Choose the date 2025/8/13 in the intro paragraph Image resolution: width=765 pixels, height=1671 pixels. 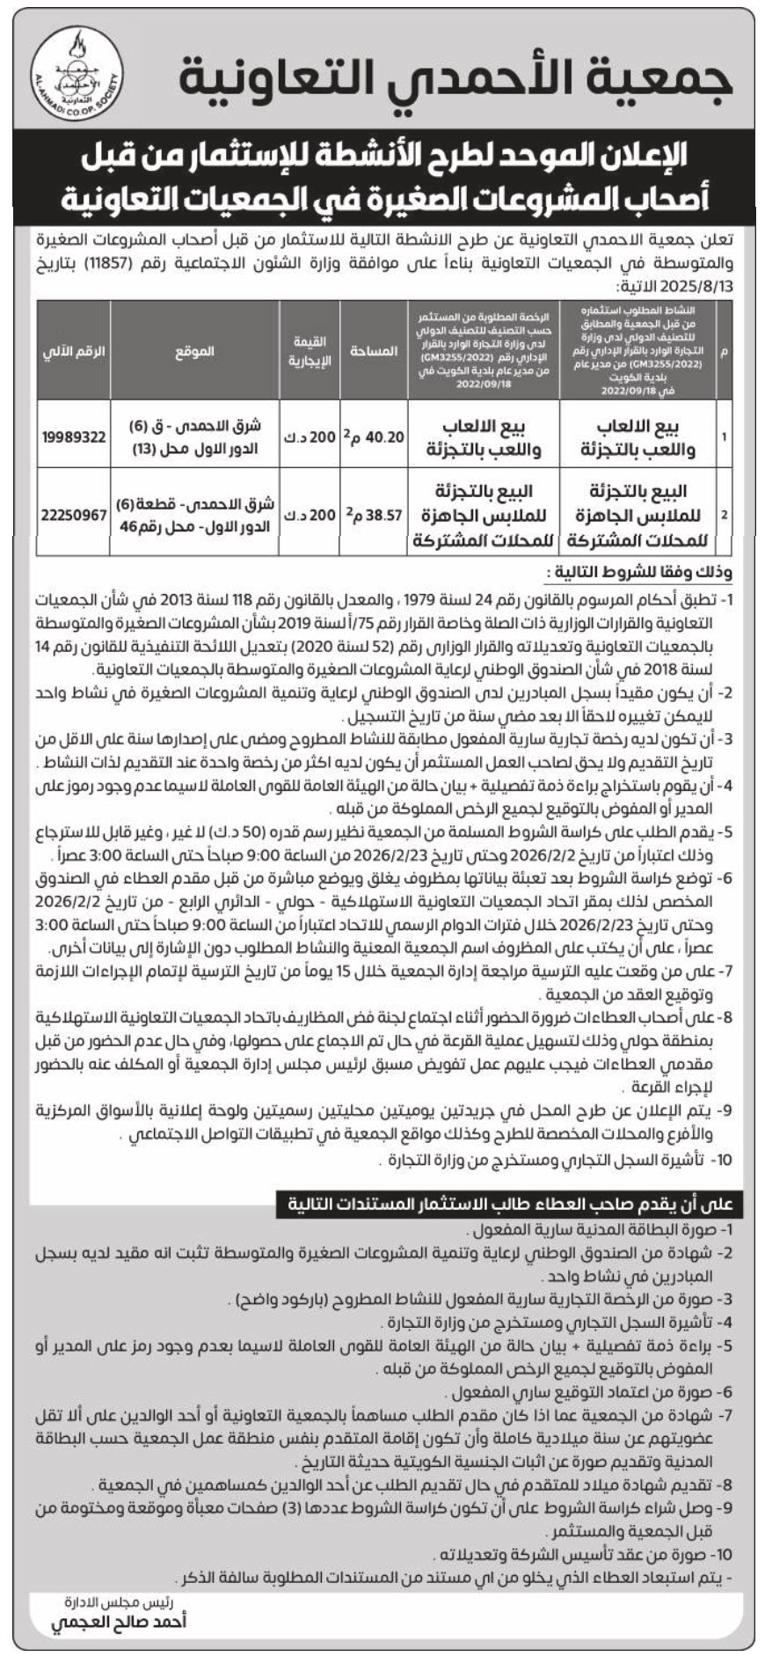point(699,288)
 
